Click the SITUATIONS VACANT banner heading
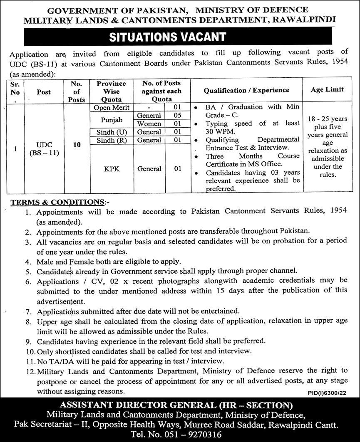(x=167, y=37)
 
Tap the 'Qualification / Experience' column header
(x=246, y=90)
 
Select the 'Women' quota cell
(x=149, y=124)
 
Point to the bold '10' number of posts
(x=77, y=145)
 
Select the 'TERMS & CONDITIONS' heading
(x=57, y=202)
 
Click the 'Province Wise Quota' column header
(x=111, y=91)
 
